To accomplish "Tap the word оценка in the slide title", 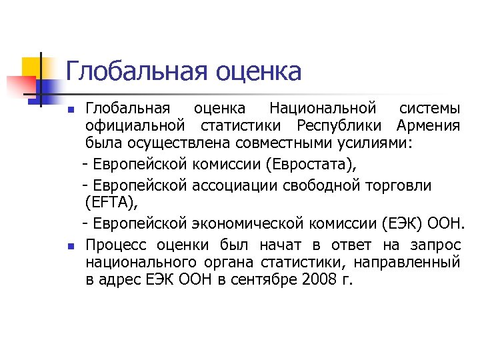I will pos(259,71).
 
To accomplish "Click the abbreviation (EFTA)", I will pos(111,202).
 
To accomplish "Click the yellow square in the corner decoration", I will pos(32,67).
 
